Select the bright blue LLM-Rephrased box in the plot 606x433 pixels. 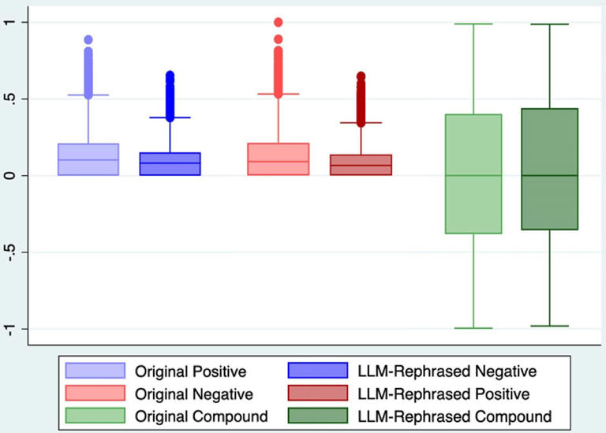(x=170, y=164)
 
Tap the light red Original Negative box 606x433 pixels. (x=279, y=159)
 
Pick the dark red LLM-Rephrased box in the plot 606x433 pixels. (x=361, y=165)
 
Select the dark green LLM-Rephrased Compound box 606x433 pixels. (x=549, y=169)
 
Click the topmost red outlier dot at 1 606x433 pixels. (x=279, y=22)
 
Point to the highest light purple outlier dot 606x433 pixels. (x=88, y=39)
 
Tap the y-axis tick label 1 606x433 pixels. (x=9, y=22)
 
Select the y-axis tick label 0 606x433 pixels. (x=9, y=175)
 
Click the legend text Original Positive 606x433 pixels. (x=191, y=371)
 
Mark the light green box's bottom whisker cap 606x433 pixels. (x=473, y=328)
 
